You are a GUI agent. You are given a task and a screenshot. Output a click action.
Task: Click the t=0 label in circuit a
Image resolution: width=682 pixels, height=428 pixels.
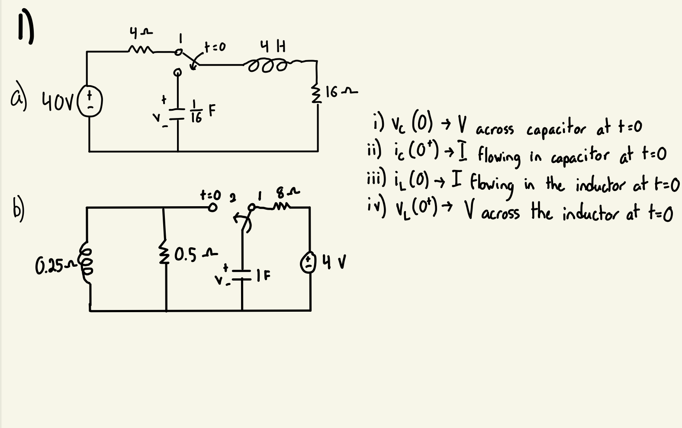(215, 46)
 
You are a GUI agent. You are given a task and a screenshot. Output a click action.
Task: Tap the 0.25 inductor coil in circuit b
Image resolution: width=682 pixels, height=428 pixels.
(86, 263)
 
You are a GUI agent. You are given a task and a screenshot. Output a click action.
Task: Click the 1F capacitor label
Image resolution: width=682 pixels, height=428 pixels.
(263, 275)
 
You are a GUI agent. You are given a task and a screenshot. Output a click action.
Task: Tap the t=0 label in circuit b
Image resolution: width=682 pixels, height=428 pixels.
(210, 195)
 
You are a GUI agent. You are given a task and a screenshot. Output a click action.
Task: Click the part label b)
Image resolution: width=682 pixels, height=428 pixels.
(17, 211)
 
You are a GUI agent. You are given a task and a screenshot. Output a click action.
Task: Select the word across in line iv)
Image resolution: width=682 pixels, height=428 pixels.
(500, 214)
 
